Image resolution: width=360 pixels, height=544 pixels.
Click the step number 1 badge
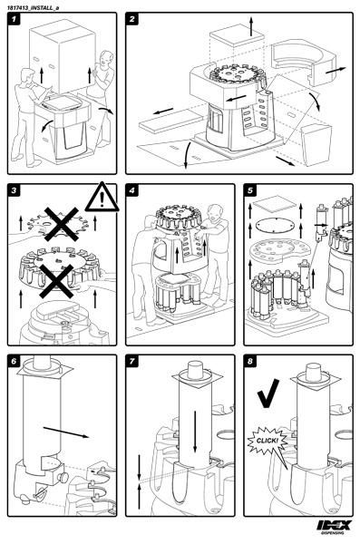(14, 19)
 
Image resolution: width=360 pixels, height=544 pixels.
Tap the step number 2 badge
(131, 19)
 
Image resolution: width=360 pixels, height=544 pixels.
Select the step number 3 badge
(14, 190)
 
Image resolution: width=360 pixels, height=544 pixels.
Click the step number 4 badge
(131, 190)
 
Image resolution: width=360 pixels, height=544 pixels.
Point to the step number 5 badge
(250, 190)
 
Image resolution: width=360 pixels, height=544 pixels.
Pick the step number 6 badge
(14, 361)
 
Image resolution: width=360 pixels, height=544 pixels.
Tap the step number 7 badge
(131, 361)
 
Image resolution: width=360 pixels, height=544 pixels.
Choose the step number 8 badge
(250, 361)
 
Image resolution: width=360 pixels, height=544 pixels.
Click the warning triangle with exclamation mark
(102, 199)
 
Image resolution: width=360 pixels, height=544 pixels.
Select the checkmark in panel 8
(268, 393)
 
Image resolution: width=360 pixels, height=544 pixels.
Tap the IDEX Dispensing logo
(334, 527)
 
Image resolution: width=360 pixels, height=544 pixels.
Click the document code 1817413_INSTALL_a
(34, 7)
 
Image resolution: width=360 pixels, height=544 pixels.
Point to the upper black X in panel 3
(61, 224)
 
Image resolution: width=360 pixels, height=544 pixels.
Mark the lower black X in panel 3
(56, 281)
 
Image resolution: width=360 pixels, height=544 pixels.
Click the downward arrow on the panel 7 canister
(195, 432)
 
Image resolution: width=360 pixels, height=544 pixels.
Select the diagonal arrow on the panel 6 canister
(66, 432)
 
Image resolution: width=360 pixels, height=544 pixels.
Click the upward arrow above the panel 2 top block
(252, 25)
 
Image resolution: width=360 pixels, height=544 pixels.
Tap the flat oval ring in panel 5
(275, 226)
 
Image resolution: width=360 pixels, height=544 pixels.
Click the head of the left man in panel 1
(28, 75)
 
